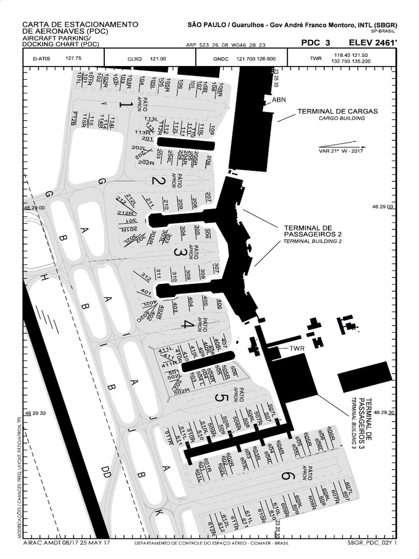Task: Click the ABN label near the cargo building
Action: (279, 100)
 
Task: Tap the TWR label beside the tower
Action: (297, 348)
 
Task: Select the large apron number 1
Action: (125, 104)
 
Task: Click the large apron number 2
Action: (157, 181)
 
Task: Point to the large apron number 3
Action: (178, 252)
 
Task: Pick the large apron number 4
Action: (187, 324)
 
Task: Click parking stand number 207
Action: (208, 197)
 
